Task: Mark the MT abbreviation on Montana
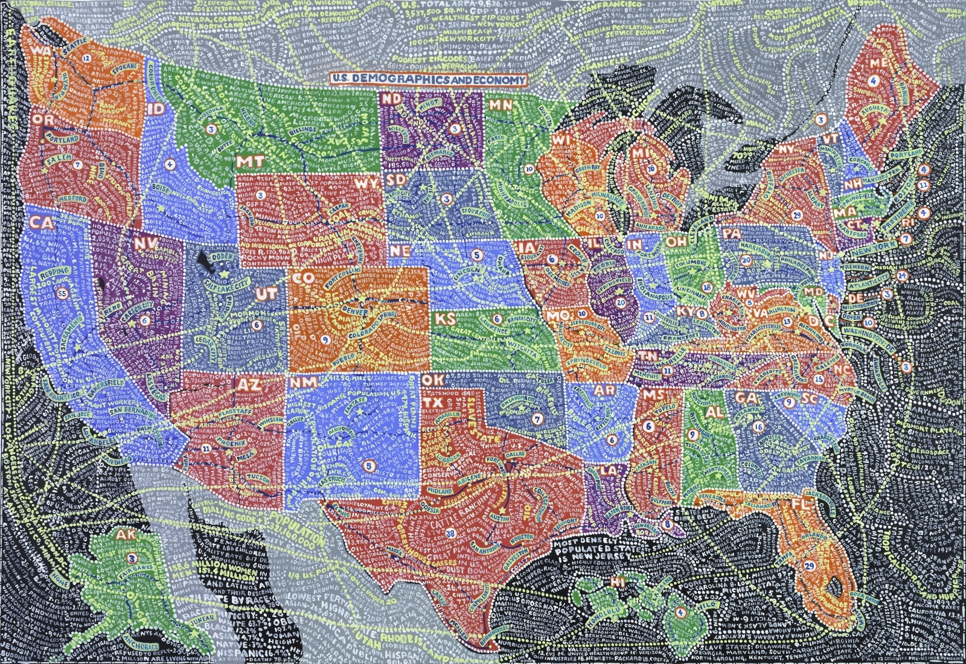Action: click(246, 162)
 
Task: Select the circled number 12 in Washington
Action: click(87, 59)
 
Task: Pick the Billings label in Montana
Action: click(302, 130)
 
